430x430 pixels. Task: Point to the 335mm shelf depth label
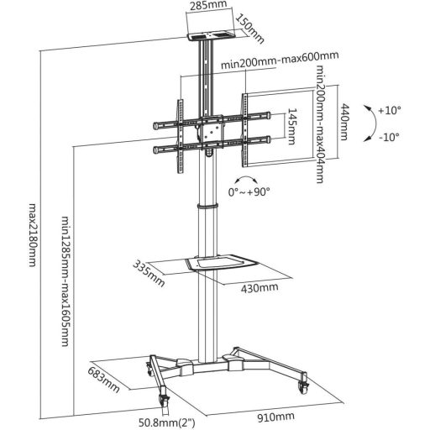point(149,273)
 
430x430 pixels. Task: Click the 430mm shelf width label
point(260,287)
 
